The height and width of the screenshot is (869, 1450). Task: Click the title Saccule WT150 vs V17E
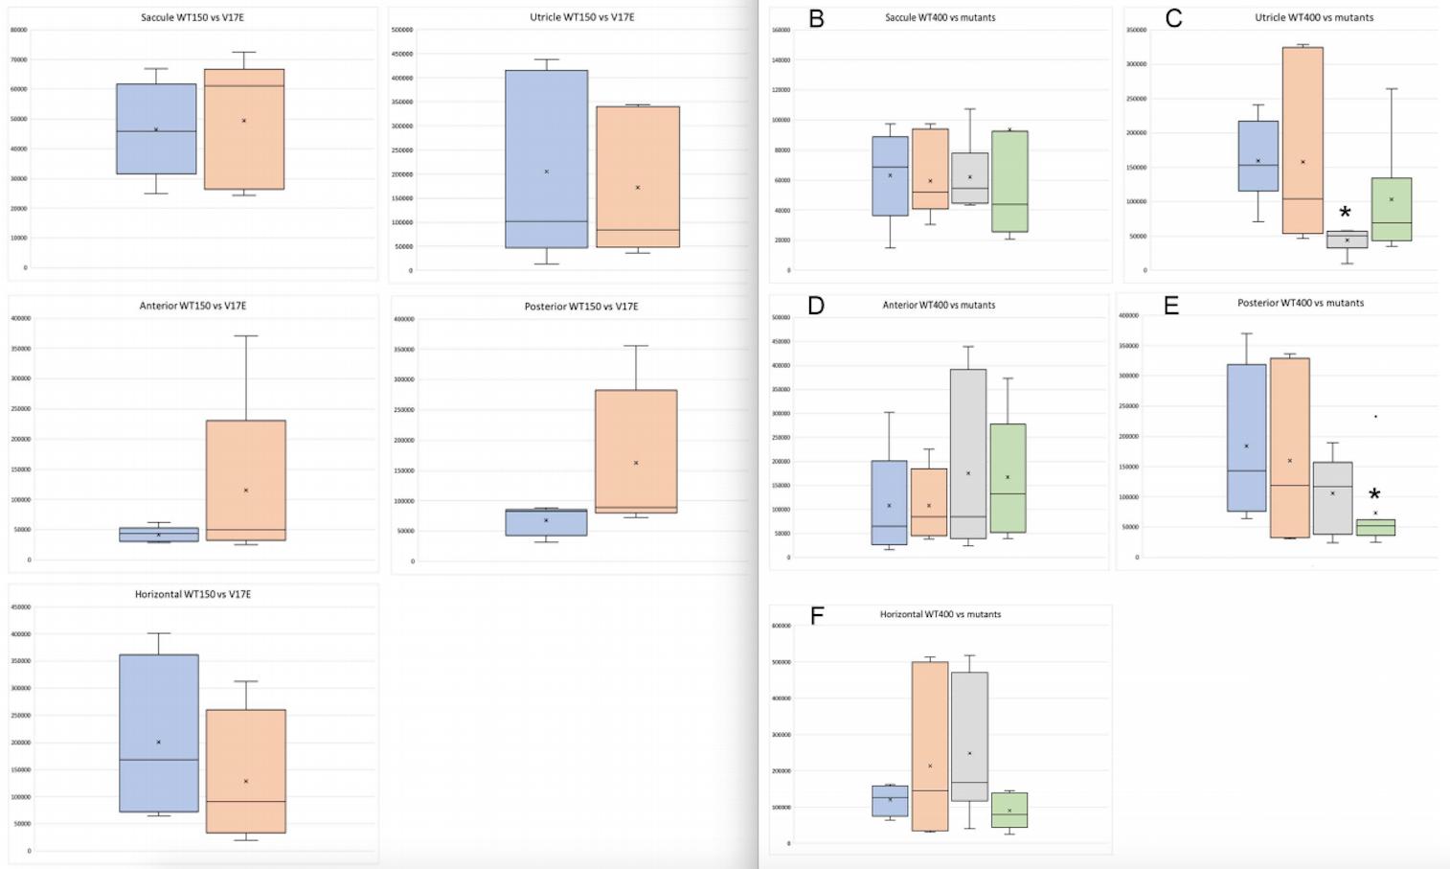click(x=192, y=17)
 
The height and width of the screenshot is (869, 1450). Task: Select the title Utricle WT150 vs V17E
click(x=581, y=17)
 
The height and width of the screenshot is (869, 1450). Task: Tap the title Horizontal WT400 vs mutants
click(x=940, y=614)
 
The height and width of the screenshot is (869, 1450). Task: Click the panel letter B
click(x=816, y=18)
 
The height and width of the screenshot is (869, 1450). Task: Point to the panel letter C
click(x=1173, y=18)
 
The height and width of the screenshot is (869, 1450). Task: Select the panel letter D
click(x=816, y=306)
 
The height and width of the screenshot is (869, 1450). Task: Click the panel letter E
click(x=1170, y=306)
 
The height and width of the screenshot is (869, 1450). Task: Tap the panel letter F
click(x=817, y=615)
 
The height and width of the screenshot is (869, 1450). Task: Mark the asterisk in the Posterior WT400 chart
click(x=1374, y=495)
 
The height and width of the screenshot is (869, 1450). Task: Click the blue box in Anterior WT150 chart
click(x=159, y=535)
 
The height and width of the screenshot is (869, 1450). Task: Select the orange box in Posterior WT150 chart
click(x=636, y=451)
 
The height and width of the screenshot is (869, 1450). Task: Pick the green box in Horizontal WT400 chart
click(x=1009, y=810)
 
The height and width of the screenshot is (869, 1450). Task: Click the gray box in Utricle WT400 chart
click(x=1347, y=240)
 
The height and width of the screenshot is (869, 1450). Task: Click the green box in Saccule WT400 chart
click(x=1009, y=181)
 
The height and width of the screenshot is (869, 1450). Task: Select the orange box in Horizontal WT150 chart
click(x=245, y=771)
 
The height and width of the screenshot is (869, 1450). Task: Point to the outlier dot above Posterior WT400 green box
click(x=1376, y=417)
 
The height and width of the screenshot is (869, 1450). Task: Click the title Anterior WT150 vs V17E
click(x=193, y=306)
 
